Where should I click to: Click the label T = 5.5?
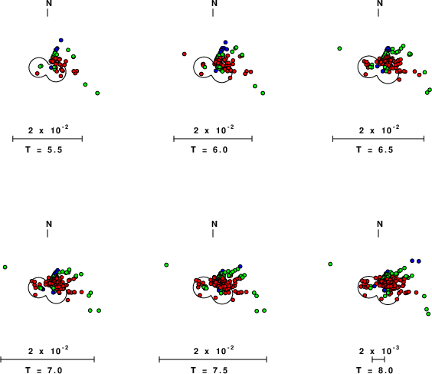pos(44,149)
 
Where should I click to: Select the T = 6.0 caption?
pos(209,149)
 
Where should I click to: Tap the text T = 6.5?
pos(375,149)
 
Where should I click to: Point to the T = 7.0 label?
pos(44,370)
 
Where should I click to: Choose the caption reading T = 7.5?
pos(209,370)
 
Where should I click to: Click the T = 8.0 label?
pos(375,370)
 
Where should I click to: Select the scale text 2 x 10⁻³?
pos(379,350)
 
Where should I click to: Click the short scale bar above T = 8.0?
pos(378,359)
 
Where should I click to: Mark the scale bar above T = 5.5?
pos(47,139)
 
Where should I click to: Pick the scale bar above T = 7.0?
pos(47,359)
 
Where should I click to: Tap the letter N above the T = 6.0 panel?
pos(214,3)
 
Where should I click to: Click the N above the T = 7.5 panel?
pos(214,224)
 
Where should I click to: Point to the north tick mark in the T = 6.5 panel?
pos(378,12)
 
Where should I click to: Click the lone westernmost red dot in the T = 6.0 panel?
pos(185,54)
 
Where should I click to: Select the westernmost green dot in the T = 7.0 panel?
pos(5,267)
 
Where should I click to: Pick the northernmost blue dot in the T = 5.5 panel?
pos(61,41)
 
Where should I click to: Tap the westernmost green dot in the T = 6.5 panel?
pos(339,48)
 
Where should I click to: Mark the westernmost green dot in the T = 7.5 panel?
pos(166,265)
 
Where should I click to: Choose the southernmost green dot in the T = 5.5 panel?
pos(97,93)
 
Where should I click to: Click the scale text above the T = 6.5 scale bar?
pos(379,130)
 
